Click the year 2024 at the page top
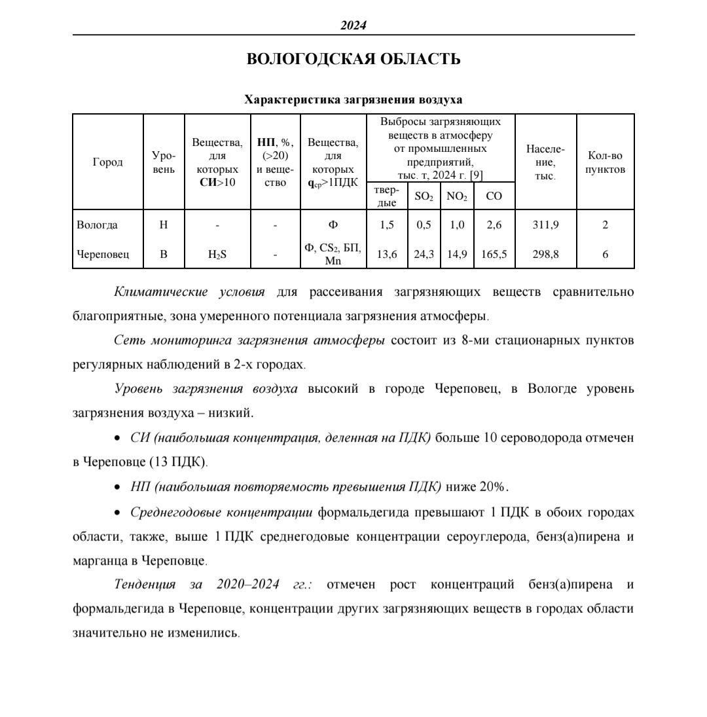[x=353, y=25]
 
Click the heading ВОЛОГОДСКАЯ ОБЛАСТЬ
[x=353, y=59]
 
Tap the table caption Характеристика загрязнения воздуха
[x=353, y=100]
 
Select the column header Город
[x=107, y=162]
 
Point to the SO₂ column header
[x=424, y=196]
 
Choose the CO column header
[x=494, y=196]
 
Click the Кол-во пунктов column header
[x=605, y=162]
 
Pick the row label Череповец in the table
[x=102, y=254]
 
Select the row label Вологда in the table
[x=97, y=225]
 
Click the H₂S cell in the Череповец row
[x=217, y=254]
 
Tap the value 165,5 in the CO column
[x=494, y=254]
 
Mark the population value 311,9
[x=545, y=225]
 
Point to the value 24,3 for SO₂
[x=424, y=254]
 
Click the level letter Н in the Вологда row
[x=164, y=225]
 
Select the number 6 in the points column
[x=605, y=254]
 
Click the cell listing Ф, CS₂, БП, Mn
[x=333, y=254]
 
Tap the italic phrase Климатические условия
[x=189, y=291]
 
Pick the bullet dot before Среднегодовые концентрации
[x=118, y=513]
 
